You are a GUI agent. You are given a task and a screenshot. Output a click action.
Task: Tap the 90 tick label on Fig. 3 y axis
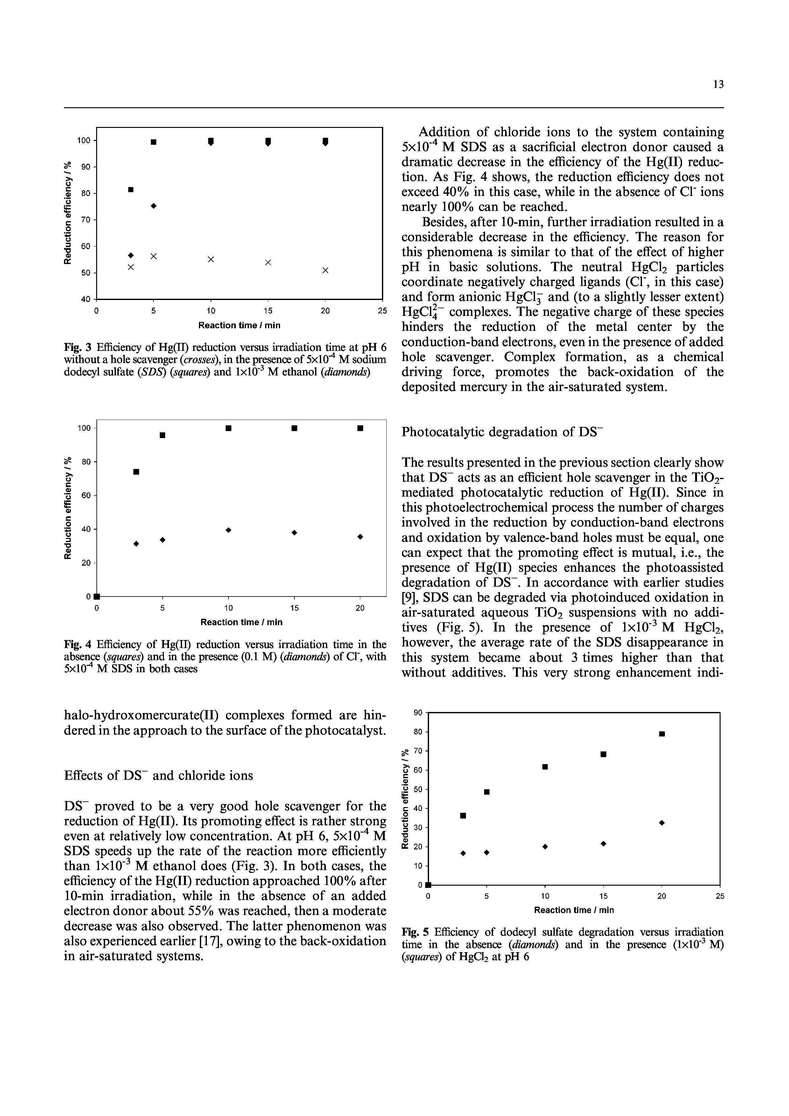point(86,167)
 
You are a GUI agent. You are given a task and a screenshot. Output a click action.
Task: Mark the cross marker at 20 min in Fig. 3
point(325,270)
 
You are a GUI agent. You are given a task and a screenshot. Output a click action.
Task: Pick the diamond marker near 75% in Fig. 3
point(154,206)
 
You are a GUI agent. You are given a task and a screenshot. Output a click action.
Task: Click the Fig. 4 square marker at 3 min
point(137,471)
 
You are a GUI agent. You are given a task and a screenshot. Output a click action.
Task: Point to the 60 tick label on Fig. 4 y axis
point(86,495)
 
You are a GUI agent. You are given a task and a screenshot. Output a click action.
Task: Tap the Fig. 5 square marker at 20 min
point(662,734)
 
